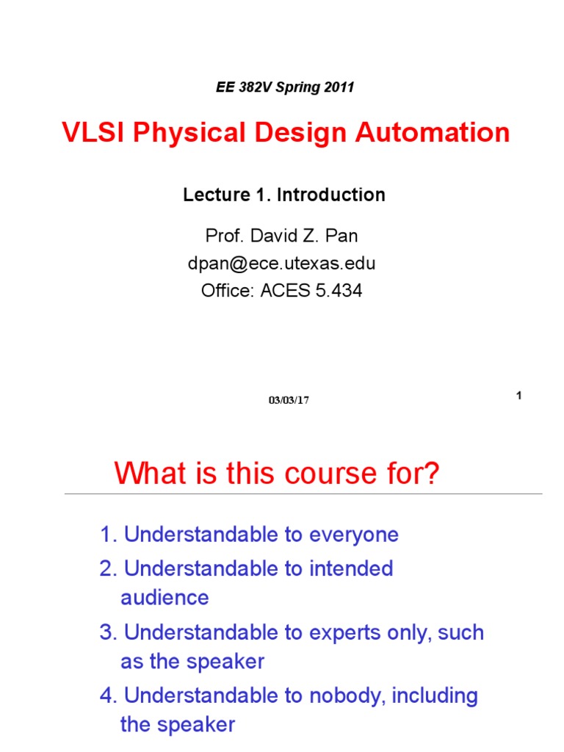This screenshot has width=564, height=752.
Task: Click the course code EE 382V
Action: click(241, 87)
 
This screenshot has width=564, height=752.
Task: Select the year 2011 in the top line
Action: click(338, 87)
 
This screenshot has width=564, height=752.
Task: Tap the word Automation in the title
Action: click(433, 133)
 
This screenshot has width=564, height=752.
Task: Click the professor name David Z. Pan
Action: click(303, 237)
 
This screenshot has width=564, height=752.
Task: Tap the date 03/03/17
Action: click(289, 400)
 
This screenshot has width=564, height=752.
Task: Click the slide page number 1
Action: click(518, 396)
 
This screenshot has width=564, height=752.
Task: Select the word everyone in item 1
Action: click(354, 535)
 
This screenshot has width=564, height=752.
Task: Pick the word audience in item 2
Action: click(164, 598)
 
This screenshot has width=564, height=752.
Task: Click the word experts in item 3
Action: click(353, 632)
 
